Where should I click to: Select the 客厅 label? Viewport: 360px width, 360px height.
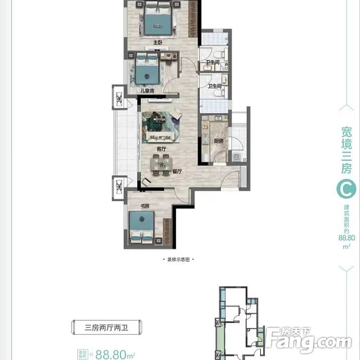(x=155, y=149)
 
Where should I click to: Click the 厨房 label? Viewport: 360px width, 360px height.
(x=218, y=141)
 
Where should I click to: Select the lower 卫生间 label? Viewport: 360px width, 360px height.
(x=215, y=86)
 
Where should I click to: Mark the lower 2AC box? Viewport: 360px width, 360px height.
(x=119, y=186)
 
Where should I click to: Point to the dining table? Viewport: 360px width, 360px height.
(x=160, y=165)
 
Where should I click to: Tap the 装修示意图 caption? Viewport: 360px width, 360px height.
(x=179, y=260)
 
